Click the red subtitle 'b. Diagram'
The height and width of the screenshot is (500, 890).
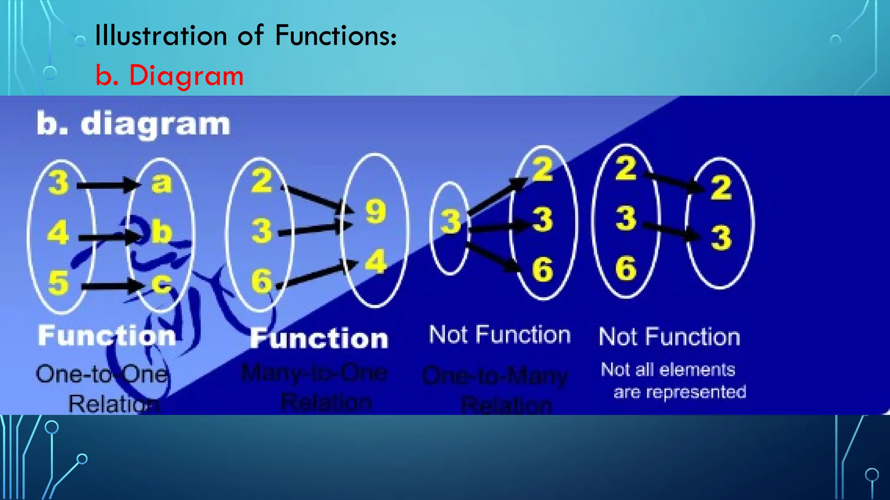169,76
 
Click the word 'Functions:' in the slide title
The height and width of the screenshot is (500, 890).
335,35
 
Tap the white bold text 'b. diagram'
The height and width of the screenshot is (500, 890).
133,124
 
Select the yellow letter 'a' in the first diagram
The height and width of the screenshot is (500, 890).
162,183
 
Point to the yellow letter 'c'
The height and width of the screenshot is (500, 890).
162,284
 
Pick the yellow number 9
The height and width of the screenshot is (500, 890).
376,212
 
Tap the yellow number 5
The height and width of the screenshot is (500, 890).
59,283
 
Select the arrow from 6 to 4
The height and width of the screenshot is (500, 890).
319,274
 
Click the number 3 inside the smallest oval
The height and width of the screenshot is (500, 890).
451,221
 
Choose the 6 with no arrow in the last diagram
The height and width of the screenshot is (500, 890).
626,268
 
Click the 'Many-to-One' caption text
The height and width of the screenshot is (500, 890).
314,373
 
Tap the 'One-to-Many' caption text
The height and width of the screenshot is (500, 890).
495,376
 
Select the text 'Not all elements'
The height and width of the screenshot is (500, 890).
667,370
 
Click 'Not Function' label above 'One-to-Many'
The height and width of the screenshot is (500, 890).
500,335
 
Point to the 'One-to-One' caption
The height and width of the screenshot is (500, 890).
102,374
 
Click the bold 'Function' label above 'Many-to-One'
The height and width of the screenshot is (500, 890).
319,339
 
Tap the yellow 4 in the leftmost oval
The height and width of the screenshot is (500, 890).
58,233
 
